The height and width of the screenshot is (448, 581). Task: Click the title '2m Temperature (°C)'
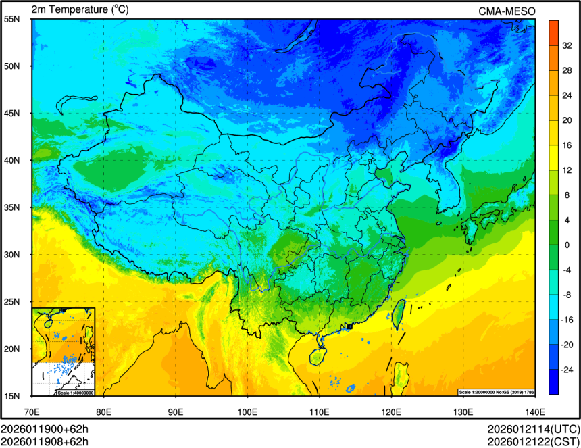click(x=80, y=9)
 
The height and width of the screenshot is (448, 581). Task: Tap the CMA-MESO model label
click(x=507, y=11)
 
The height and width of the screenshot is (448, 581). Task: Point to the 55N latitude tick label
click(x=11, y=19)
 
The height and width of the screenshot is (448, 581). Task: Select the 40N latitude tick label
click(x=11, y=160)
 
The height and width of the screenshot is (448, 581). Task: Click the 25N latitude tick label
click(x=11, y=301)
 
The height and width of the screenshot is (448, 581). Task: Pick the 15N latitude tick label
click(x=11, y=395)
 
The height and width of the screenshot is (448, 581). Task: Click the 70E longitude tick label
click(x=32, y=411)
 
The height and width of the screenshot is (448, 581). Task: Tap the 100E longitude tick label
click(x=247, y=411)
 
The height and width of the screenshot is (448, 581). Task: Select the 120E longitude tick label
click(x=391, y=411)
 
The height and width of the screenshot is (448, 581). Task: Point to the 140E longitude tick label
click(x=534, y=411)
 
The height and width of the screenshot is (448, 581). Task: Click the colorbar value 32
click(x=566, y=46)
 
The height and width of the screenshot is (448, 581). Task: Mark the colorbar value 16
click(x=566, y=145)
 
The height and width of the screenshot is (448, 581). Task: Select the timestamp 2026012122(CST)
click(x=533, y=441)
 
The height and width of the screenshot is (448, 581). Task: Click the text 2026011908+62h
click(x=45, y=441)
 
